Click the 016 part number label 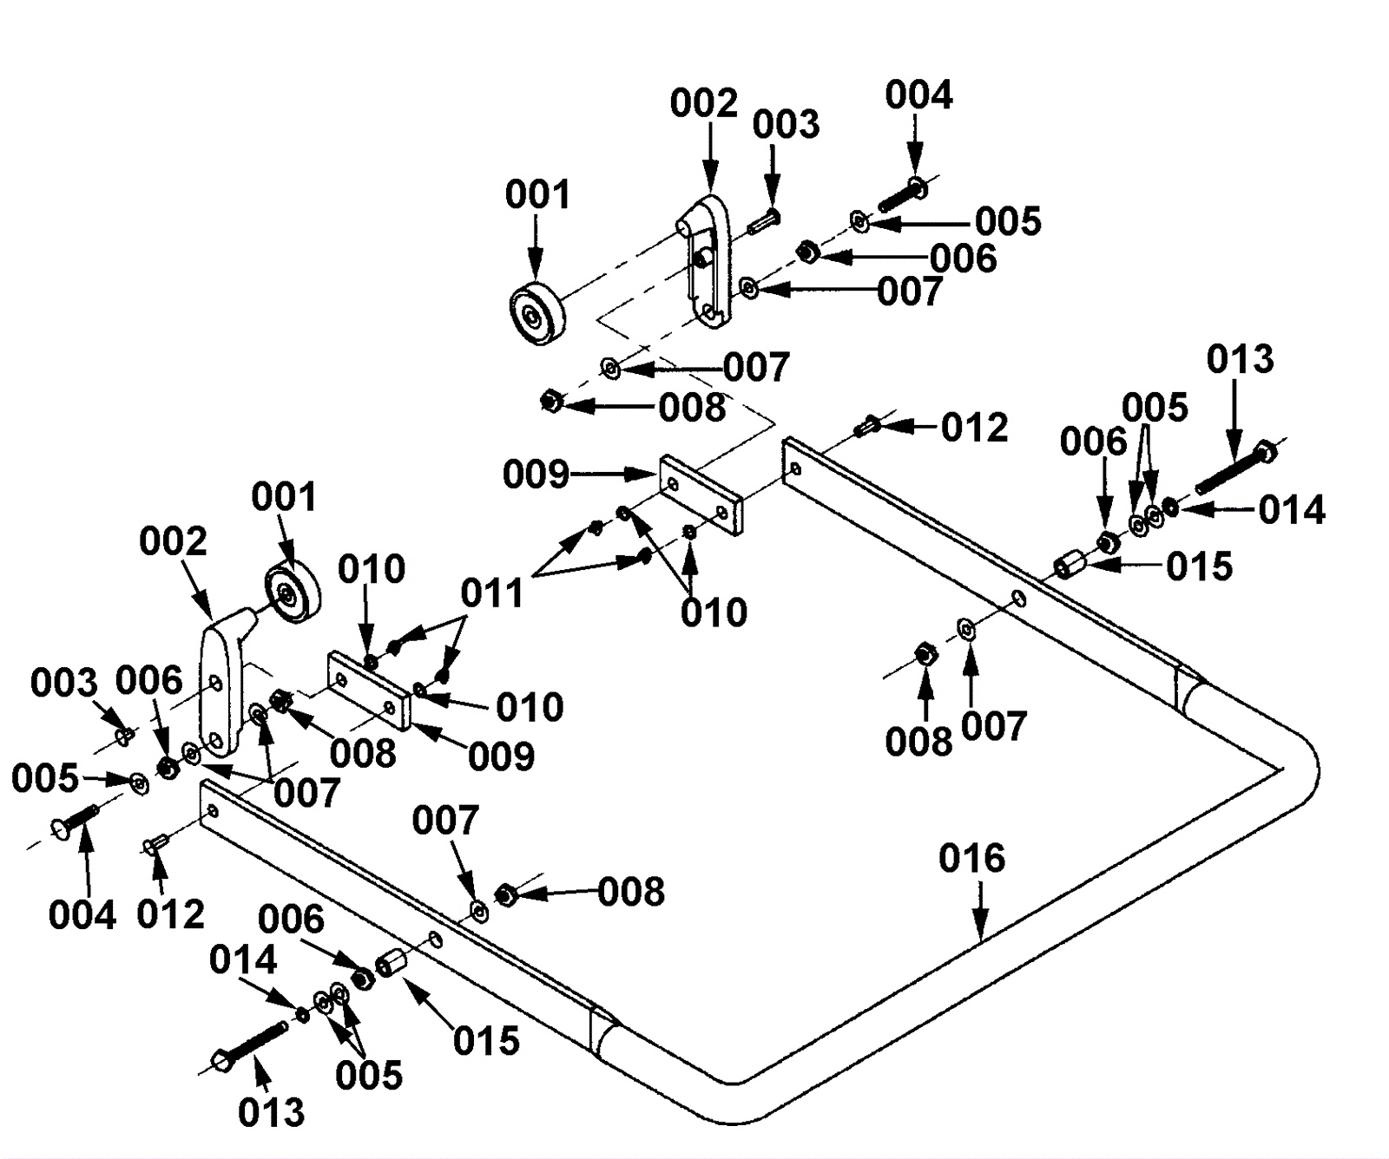coord(971,859)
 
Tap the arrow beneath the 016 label coord(980,910)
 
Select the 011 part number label coord(492,594)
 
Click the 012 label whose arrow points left coord(975,428)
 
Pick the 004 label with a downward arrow coord(918,95)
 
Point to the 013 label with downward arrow coord(1241,359)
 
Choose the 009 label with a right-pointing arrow coord(536,475)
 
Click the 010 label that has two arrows coord(714,613)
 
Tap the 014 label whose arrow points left coord(1292,510)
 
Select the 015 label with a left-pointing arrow coord(1199,566)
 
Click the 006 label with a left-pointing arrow coord(963,259)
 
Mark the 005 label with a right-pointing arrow coord(45,778)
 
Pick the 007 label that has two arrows coord(306,793)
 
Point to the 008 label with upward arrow coord(918,743)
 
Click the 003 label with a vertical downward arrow coord(786,125)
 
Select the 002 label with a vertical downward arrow coord(703,103)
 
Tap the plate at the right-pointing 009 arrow coord(701,494)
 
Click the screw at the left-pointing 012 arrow coord(866,426)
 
